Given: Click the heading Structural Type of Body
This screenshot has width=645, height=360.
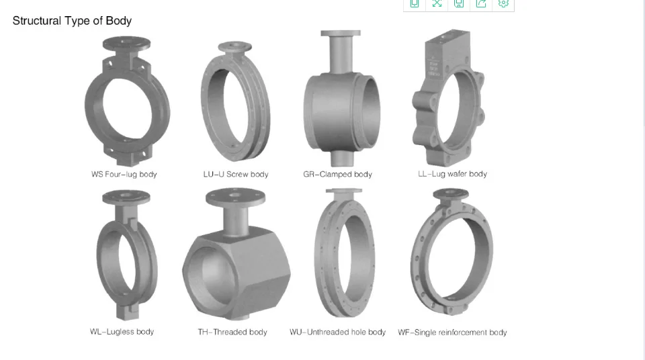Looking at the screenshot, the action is point(72,21).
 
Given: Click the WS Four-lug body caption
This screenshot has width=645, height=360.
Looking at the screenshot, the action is point(124,175).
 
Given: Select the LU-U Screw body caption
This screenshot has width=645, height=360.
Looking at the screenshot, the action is point(236,175).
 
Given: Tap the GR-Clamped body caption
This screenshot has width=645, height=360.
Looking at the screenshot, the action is point(337,175).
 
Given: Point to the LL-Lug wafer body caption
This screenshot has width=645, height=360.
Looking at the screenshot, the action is point(452,174).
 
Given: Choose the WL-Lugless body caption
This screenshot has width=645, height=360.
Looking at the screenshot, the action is point(122,332).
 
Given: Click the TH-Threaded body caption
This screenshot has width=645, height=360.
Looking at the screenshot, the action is point(232,332).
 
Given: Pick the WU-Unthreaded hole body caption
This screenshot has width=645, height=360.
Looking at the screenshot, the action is point(337,332).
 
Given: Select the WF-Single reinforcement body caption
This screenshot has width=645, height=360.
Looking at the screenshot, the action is point(452,332).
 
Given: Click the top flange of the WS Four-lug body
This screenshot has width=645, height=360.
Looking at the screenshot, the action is point(126,43).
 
